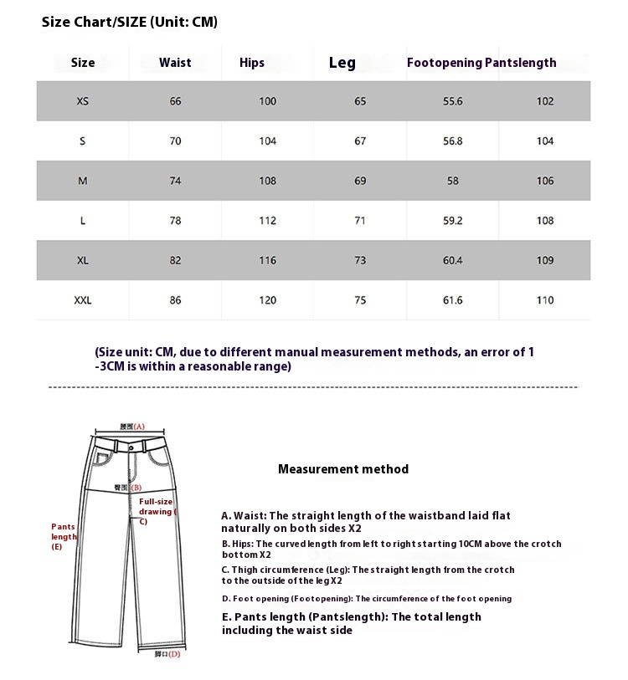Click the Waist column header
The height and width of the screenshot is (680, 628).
click(175, 63)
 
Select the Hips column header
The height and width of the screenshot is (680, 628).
click(252, 63)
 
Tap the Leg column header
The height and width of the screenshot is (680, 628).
click(342, 63)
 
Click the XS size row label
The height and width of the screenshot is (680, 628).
click(82, 101)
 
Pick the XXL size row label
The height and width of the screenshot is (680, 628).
click(83, 300)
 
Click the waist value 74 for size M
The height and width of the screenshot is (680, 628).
click(175, 181)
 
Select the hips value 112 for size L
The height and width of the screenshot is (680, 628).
click(268, 221)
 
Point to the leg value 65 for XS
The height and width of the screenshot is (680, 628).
click(360, 101)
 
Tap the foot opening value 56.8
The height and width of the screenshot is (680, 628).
click(453, 141)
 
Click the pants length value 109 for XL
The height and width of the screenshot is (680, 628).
click(545, 260)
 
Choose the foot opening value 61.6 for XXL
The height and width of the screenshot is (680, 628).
click(453, 300)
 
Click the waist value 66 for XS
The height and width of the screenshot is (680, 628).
click(175, 101)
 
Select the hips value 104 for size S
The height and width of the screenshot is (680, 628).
click(268, 141)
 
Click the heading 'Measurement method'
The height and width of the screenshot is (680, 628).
click(343, 469)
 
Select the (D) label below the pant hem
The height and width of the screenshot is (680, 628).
click(167, 654)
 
